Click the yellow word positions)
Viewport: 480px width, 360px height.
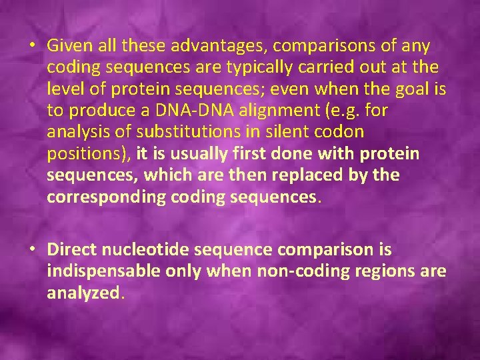[x=89, y=154]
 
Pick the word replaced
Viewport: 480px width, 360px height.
[x=331, y=175]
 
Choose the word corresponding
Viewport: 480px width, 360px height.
[x=101, y=197]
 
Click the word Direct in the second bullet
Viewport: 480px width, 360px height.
[x=70, y=249]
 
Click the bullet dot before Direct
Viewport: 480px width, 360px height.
[x=33, y=249]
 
